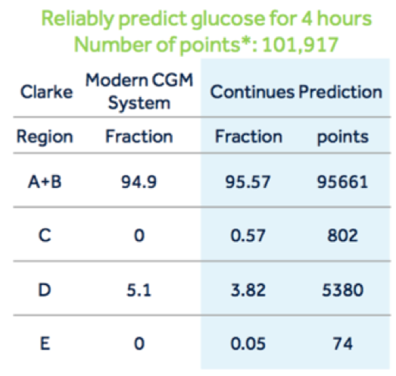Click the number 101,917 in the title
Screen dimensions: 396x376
[301, 45]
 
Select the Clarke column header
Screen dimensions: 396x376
[46, 92]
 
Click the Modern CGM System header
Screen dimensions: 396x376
[139, 91]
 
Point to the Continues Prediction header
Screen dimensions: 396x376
[296, 92]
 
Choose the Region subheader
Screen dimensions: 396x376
[45, 137]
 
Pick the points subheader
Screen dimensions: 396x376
[343, 137]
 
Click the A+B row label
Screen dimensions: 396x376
[45, 182]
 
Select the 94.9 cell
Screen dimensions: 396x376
[139, 182]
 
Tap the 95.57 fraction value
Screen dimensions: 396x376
[248, 182]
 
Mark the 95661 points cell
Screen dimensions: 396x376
[342, 182]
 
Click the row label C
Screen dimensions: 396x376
[45, 236]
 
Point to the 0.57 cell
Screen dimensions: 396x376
[248, 236]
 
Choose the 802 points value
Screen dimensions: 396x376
[342, 236]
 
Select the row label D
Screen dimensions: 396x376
[45, 290]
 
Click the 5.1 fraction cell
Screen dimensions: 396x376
[139, 290]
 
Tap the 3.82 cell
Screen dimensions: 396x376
[248, 290]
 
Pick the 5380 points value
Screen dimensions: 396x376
[343, 290]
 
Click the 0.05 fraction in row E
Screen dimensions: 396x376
[248, 343]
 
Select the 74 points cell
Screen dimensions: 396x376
[342, 343]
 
